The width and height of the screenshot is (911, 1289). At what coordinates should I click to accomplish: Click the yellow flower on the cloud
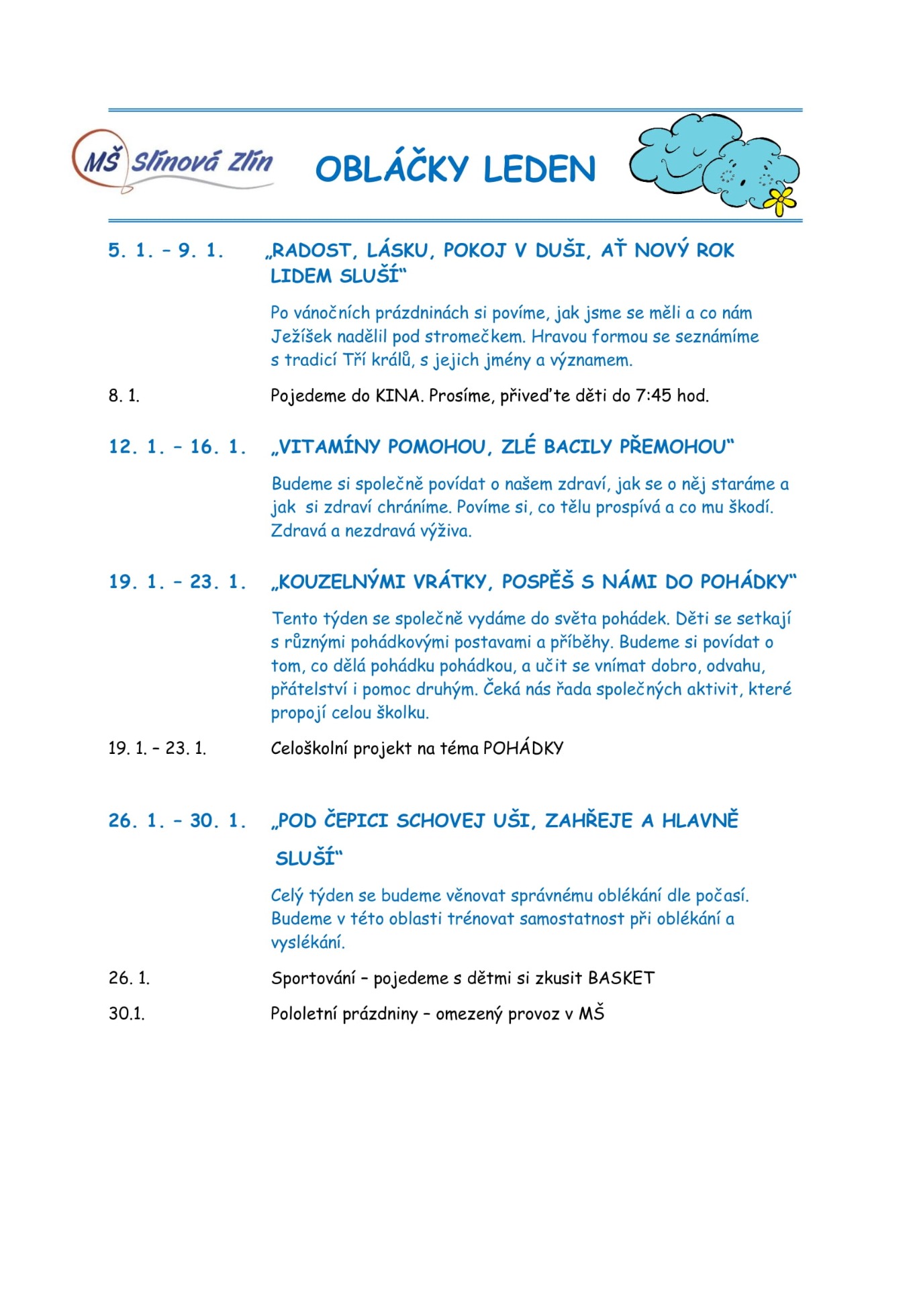click(781, 201)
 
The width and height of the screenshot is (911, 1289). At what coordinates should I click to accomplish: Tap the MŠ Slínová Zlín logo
click(173, 162)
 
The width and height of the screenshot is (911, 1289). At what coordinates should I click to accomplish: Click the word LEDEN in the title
click(539, 169)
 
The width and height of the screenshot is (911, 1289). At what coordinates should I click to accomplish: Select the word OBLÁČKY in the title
click(391, 169)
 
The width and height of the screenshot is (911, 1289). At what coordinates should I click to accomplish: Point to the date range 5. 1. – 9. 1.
click(165, 250)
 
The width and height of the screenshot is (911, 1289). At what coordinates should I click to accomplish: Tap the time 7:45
click(653, 395)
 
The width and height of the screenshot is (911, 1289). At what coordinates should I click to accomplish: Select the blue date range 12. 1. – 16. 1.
click(177, 447)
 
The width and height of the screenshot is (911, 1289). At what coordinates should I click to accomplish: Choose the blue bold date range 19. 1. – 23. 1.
click(177, 581)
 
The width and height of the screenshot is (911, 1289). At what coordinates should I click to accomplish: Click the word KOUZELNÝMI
click(342, 581)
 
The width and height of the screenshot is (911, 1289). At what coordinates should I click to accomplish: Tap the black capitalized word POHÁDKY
click(523, 748)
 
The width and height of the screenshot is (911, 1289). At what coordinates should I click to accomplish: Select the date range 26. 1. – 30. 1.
click(177, 820)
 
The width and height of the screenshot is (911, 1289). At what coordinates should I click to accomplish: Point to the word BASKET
click(621, 978)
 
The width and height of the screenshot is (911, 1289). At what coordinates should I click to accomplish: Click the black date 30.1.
click(127, 1014)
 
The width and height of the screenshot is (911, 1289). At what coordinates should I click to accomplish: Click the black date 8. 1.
click(124, 395)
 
